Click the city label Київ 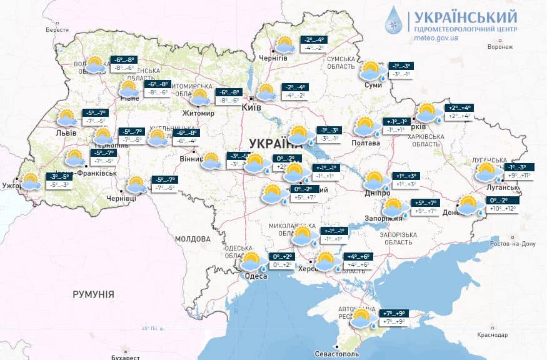point(251,108)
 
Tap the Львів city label point(66,133)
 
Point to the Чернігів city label point(273,58)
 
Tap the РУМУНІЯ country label point(93,294)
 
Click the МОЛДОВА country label point(193,239)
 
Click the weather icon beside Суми point(370,70)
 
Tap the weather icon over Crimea point(362,318)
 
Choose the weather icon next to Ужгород point(29,181)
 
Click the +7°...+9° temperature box point(391,317)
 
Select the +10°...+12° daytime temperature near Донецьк point(503,208)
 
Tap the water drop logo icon point(394,20)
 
